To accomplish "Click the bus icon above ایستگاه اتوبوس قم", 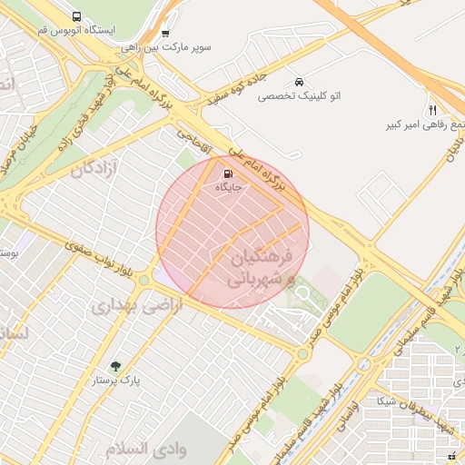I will coord(75,16).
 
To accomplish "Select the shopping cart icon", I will coord(164,33).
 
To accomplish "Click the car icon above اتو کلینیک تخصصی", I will coord(300,82).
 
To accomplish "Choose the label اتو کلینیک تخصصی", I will coord(299,94).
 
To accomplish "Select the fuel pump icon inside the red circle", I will coord(226,173).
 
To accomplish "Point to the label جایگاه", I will coord(228,187).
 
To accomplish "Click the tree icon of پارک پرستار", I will coord(114,367).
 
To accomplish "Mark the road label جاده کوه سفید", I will coord(240,73).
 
